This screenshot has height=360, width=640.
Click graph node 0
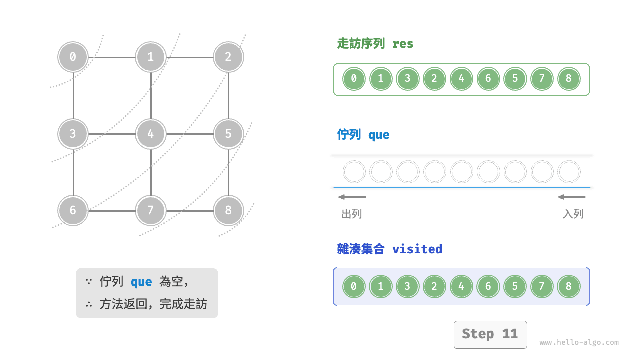click(x=73, y=57)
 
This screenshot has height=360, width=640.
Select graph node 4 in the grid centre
click(x=150, y=134)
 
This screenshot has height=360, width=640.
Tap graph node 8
click(x=228, y=210)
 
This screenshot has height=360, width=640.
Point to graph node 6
click(x=73, y=210)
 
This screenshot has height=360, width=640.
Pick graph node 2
click(x=228, y=57)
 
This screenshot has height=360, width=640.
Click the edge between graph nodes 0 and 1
click(x=112, y=57)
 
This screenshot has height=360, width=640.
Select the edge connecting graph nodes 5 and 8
click(x=228, y=172)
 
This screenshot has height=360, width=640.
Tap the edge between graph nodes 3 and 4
click(x=112, y=134)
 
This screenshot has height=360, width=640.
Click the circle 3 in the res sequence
click(x=407, y=79)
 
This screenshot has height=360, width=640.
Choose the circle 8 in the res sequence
click(x=568, y=79)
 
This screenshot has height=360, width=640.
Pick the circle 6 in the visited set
click(x=488, y=286)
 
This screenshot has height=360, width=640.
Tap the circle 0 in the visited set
click(x=354, y=286)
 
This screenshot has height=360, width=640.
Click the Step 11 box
click(x=490, y=334)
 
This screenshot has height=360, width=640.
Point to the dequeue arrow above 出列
click(x=352, y=197)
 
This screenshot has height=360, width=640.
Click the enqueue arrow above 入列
click(x=571, y=197)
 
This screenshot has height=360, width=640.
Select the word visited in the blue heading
click(x=417, y=249)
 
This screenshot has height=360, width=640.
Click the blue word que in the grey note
click(x=141, y=282)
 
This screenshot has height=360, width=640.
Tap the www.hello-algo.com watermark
click(x=579, y=343)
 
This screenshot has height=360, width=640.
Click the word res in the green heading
click(x=403, y=44)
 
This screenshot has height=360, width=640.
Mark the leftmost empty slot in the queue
click(x=354, y=172)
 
